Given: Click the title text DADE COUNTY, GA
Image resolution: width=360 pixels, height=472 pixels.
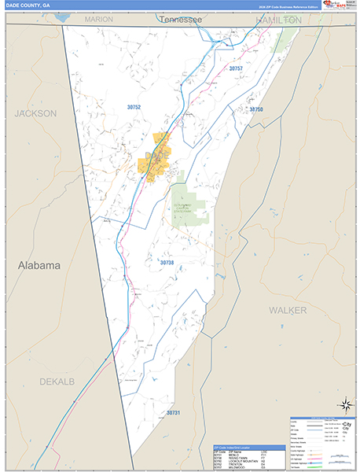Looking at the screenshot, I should (x=28, y=6).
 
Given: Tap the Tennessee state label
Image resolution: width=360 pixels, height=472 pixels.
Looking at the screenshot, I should (x=178, y=18).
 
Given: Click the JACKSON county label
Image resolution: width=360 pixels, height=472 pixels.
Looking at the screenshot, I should (x=35, y=113).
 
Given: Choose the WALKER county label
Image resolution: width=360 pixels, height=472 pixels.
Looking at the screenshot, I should (x=287, y=310).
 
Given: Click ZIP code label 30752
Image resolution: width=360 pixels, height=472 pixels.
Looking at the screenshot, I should (x=134, y=106).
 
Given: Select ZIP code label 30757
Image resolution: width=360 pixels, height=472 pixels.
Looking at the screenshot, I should (x=236, y=69).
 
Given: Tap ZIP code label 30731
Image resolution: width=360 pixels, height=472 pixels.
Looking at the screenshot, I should (x=173, y=412).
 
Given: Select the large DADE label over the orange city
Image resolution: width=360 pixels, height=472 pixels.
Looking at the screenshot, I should (x=154, y=155).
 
